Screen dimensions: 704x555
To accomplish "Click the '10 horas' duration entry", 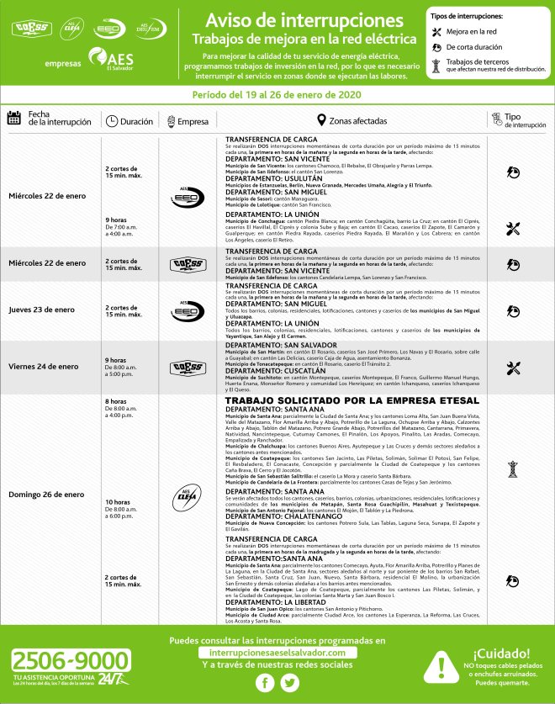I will (119, 501).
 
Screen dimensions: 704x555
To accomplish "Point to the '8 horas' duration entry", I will (116, 401).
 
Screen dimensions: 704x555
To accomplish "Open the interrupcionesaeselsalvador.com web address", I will (277, 652).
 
